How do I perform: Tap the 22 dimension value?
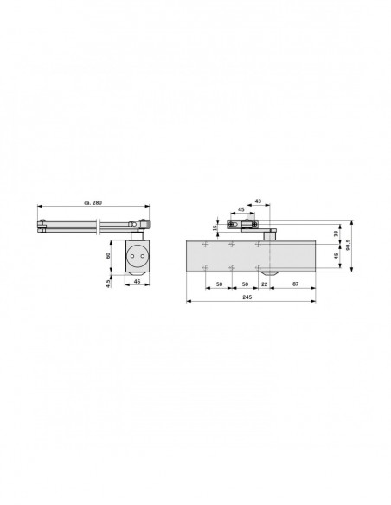pos(264,284)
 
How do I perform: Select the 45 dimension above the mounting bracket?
pos(240,209)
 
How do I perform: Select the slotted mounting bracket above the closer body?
pos(241,226)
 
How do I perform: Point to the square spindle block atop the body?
pos(270,233)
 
